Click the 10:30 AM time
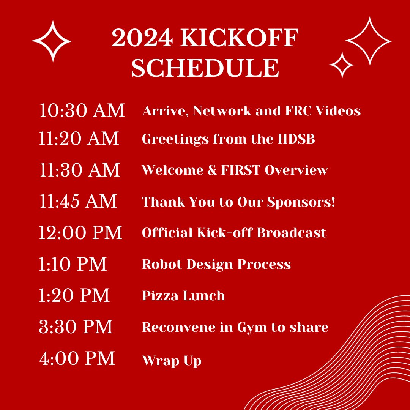[x=82, y=110]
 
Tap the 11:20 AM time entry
[x=79, y=139]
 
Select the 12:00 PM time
[x=80, y=232]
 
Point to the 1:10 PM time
[x=73, y=264]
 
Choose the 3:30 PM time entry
[x=76, y=327]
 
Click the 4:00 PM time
[x=77, y=358]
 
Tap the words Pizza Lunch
[x=183, y=296]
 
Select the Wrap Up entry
[x=172, y=361]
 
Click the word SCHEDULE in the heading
[x=205, y=68]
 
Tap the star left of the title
[x=52, y=41]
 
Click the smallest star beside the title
[x=341, y=65]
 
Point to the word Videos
[x=338, y=110]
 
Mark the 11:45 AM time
[x=78, y=201]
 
